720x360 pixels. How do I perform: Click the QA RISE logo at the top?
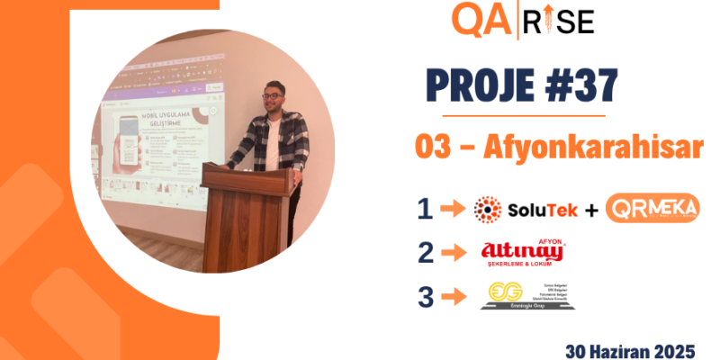(x=523, y=20)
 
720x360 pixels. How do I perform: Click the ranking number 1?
(x=425, y=209)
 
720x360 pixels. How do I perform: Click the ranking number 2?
(x=425, y=252)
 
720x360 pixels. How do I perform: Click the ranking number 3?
(x=425, y=296)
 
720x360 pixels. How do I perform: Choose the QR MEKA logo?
(x=652, y=209)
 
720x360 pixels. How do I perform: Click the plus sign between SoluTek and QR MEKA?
(x=590, y=210)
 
